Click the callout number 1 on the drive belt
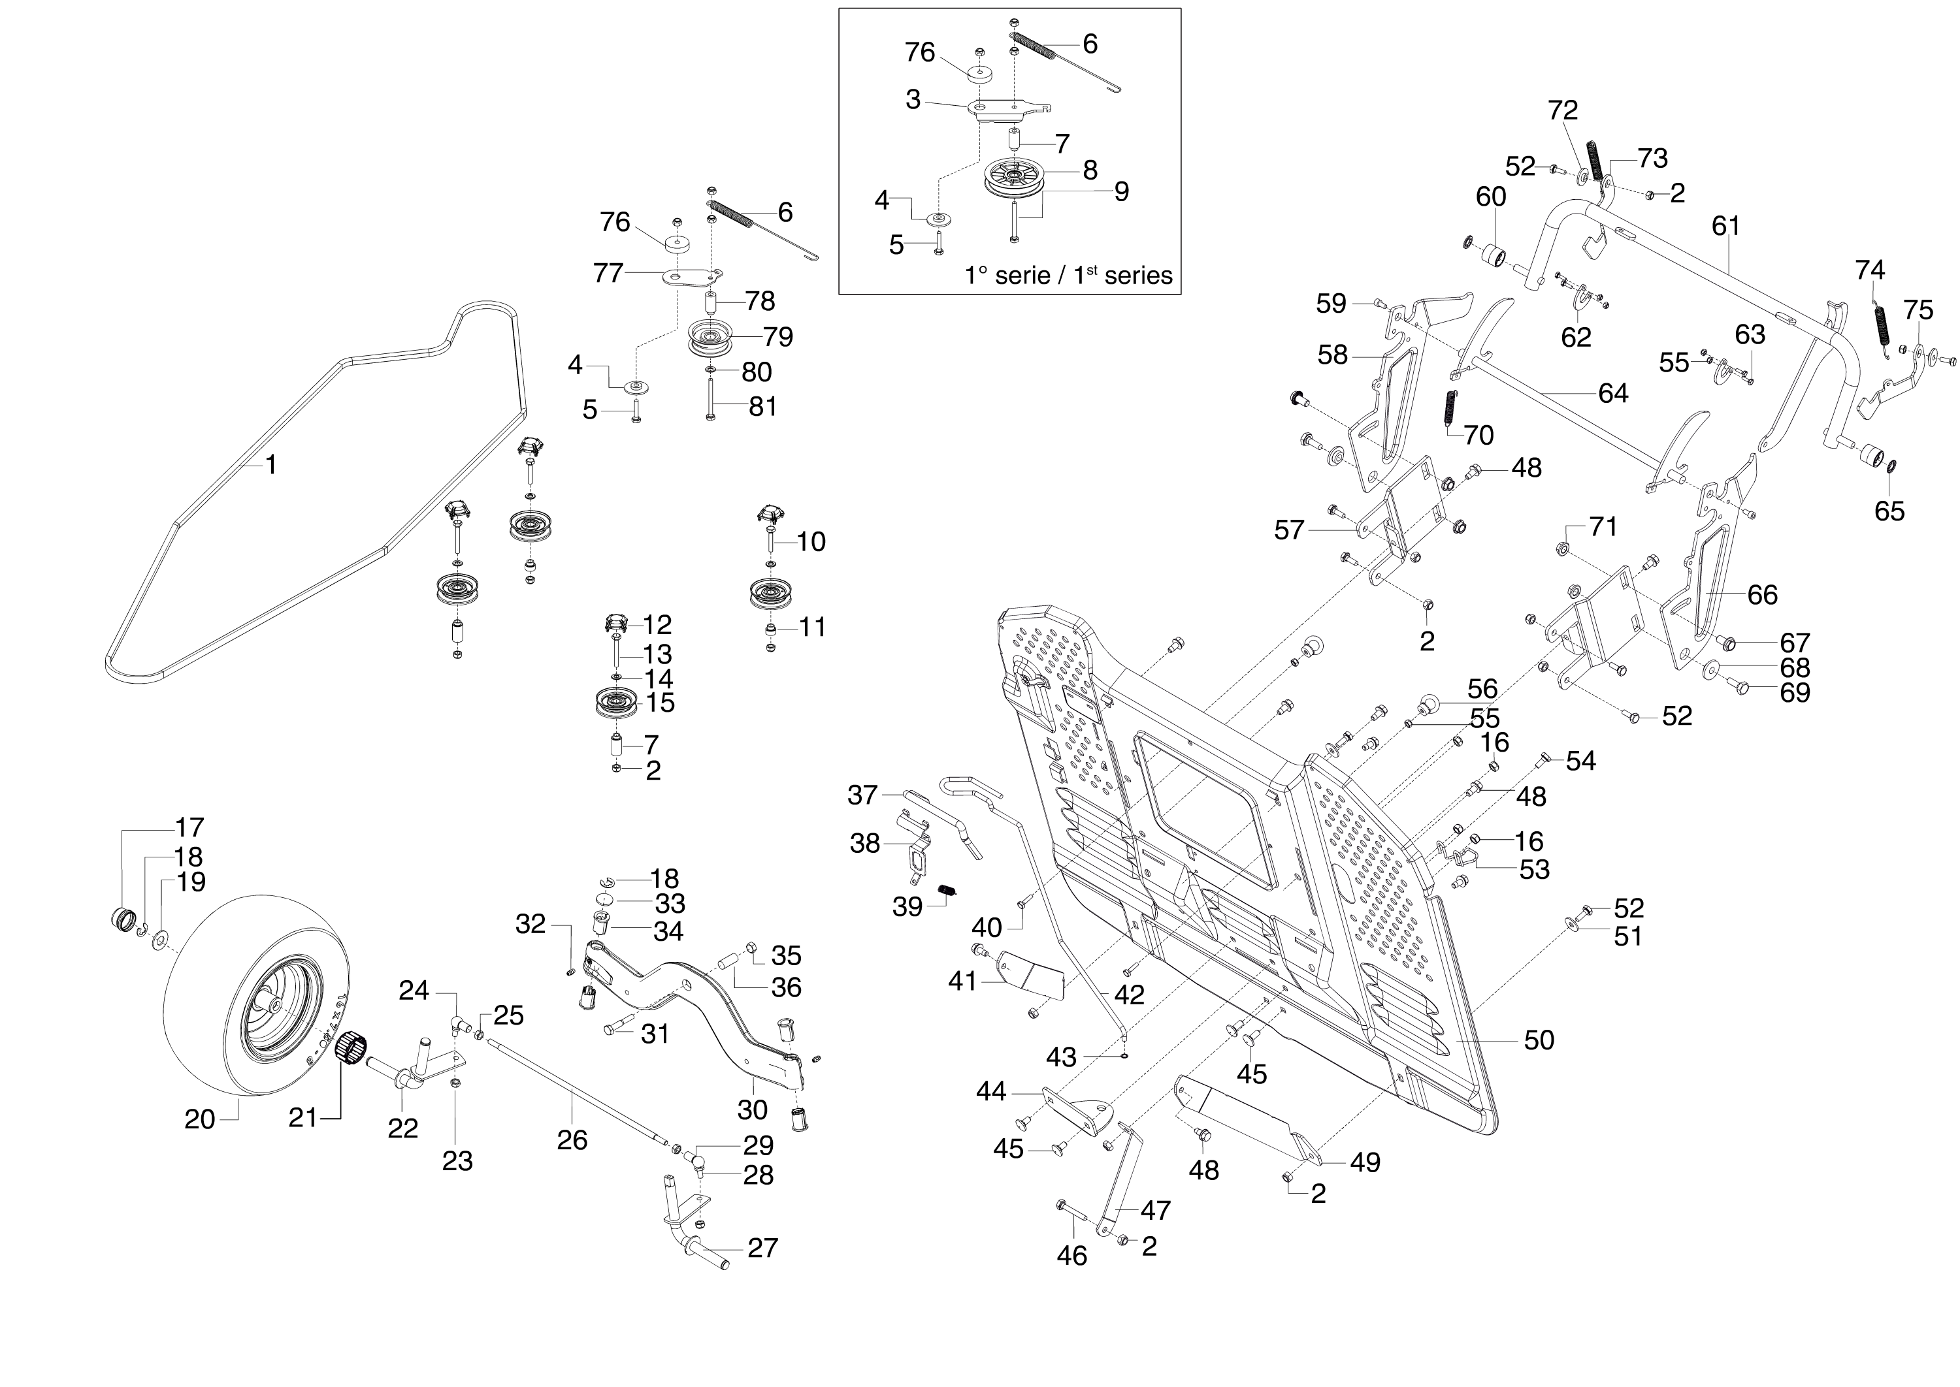(x=271, y=466)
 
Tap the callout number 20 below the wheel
(x=200, y=1119)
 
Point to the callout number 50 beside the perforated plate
(x=1539, y=1040)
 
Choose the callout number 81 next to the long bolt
(x=763, y=407)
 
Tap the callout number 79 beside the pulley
(x=778, y=336)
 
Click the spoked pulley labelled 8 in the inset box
(x=1014, y=178)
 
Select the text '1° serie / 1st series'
(x=1068, y=276)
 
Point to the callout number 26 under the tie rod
(x=572, y=1140)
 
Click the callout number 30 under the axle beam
(x=753, y=1109)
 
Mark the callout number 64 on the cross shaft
(x=1613, y=393)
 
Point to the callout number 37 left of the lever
(x=862, y=795)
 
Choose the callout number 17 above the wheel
(x=189, y=827)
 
